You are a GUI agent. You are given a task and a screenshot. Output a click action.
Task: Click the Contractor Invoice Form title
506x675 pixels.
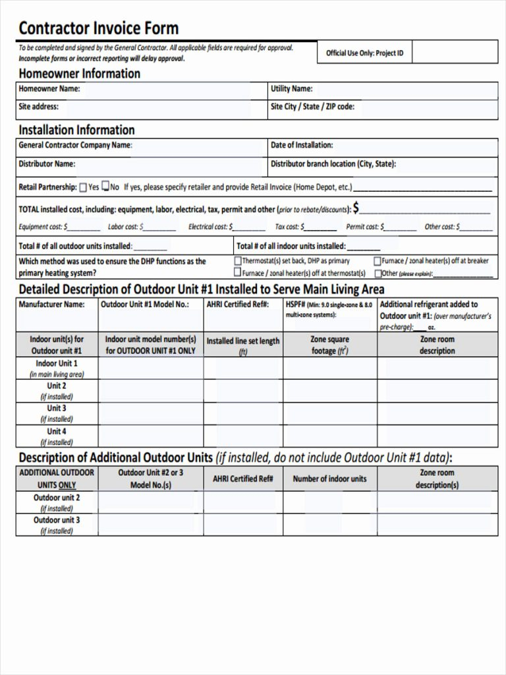point(98,28)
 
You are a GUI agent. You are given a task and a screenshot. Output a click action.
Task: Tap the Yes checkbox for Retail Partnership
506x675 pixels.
point(84,187)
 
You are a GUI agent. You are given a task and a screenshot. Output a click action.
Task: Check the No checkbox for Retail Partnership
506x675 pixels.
point(105,187)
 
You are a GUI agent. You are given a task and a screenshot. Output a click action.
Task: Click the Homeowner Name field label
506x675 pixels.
point(49,89)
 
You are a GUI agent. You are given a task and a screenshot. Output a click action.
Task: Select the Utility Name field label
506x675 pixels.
point(291,89)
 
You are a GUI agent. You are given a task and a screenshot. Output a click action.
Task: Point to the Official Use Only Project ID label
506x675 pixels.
point(364,53)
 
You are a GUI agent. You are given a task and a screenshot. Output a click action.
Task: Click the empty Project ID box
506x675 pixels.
point(455,52)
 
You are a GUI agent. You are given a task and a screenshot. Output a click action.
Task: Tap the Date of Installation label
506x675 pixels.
point(302,145)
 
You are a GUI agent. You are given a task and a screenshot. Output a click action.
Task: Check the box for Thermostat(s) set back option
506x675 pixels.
point(238,261)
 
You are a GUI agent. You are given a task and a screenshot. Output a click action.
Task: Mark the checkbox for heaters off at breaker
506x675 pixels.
point(378,261)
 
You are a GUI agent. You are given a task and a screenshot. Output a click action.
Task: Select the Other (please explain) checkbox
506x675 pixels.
point(378,273)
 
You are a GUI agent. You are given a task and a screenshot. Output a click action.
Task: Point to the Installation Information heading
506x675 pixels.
point(76,130)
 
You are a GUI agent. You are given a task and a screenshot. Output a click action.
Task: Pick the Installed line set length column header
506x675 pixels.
point(243,345)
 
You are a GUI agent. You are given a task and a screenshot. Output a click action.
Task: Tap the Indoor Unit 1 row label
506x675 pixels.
point(57,363)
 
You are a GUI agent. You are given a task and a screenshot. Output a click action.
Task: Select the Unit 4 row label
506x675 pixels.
point(57,431)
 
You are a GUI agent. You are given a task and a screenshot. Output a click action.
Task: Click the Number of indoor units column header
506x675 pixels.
point(329,479)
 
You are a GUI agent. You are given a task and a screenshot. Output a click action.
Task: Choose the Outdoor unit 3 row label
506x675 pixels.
point(57,520)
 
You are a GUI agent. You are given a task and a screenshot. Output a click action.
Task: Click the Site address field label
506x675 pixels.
point(38,106)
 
